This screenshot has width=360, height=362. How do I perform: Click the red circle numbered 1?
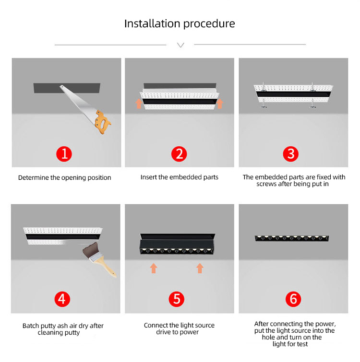pyautogui.click(x=64, y=154)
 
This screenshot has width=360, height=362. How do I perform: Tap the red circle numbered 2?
pyautogui.click(x=179, y=154)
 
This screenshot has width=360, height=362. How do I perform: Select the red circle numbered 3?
pyautogui.click(x=291, y=154)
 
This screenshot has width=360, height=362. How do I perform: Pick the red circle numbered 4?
pyautogui.click(x=62, y=299)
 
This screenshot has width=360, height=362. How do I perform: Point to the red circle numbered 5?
pyautogui.click(x=177, y=299)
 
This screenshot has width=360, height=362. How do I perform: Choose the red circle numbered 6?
pyautogui.click(x=293, y=299)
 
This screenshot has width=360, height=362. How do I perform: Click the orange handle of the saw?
pyautogui.click(x=102, y=122)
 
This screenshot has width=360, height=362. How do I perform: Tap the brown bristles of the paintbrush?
pyautogui.click(x=91, y=249)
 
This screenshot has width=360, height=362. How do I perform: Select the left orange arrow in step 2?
pyautogui.click(x=139, y=104)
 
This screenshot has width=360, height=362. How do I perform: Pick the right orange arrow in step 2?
pyautogui.click(x=220, y=104)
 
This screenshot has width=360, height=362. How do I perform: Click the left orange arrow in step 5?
pyautogui.click(x=154, y=269)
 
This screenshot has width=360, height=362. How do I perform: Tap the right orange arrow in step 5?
pyautogui.click(x=200, y=269)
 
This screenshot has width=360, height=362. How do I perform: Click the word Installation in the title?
pyautogui.click(x=152, y=23)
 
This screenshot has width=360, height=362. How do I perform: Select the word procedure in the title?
pyautogui.click(x=209, y=24)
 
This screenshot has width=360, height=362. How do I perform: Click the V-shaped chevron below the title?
pyautogui.click(x=180, y=45)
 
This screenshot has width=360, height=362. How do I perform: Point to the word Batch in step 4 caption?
pyautogui.click(x=31, y=326)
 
